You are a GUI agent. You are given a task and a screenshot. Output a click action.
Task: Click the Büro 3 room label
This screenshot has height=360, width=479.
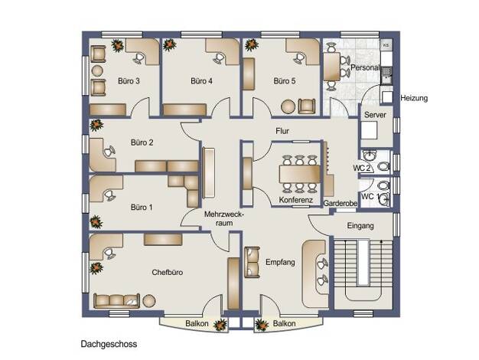click(129, 81)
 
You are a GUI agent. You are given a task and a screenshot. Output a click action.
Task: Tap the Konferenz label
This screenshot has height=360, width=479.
click(295, 200)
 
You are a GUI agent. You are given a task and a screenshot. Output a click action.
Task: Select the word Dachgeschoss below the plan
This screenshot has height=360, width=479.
click(109, 345)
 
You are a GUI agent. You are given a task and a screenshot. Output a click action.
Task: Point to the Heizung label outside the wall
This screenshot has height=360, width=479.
click(414, 98)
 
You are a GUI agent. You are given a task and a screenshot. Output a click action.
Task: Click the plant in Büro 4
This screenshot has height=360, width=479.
click(170, 44)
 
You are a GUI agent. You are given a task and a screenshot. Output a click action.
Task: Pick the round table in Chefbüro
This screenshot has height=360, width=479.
click(149, 301)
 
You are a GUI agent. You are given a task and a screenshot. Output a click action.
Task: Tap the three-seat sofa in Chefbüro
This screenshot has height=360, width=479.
click(116, 301)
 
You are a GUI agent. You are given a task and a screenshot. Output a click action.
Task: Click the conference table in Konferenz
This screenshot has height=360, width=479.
click(299, 174)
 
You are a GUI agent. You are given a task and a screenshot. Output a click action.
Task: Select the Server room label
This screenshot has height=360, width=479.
click(375, 115)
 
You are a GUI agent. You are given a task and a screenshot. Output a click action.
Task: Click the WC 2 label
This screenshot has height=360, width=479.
click(362, 168)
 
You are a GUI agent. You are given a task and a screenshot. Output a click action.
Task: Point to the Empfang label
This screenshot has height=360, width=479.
click(280, 262)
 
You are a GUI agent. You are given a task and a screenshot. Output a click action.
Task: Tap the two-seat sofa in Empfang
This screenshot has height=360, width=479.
click(252, 262)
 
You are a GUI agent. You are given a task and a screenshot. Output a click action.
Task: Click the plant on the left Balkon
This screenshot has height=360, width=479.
click(220, 325)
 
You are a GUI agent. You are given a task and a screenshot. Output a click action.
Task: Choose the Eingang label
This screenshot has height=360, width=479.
click(360, 226)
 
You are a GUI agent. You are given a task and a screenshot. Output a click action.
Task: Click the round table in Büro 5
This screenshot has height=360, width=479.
click(288, 107)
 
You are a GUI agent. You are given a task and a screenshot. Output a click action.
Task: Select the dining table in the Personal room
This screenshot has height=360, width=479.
click(332, 67)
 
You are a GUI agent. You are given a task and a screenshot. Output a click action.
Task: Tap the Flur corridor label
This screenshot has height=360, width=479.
click(282, 131)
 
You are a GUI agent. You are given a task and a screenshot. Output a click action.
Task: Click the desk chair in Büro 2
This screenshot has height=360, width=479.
click(109, 152)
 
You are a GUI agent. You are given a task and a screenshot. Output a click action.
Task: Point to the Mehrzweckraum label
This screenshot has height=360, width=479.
click(224, 218)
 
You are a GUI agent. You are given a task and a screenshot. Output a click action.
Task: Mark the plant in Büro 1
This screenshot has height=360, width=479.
click(96, 222)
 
